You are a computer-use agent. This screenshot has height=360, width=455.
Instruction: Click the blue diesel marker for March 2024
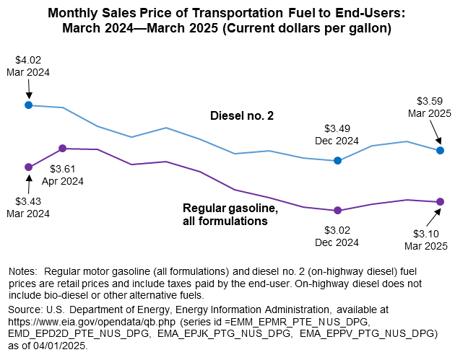[x=28, y=105]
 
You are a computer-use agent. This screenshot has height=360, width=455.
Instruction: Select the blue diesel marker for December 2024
[x=337, y=160]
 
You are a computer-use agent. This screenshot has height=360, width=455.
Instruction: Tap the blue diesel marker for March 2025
[x=440, y=150]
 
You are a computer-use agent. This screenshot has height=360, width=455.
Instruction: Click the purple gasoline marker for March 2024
[x=28, y=167]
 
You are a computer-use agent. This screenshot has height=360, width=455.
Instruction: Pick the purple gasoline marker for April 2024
[x=62, y=148]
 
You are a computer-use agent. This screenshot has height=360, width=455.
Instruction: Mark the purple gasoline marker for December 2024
[x=337, y=211]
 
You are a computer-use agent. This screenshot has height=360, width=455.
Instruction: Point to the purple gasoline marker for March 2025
[x=440, y=202]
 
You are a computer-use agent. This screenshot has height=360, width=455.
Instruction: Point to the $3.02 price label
[x=337, y=230]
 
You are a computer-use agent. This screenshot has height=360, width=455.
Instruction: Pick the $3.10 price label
[x=426, y=234]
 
